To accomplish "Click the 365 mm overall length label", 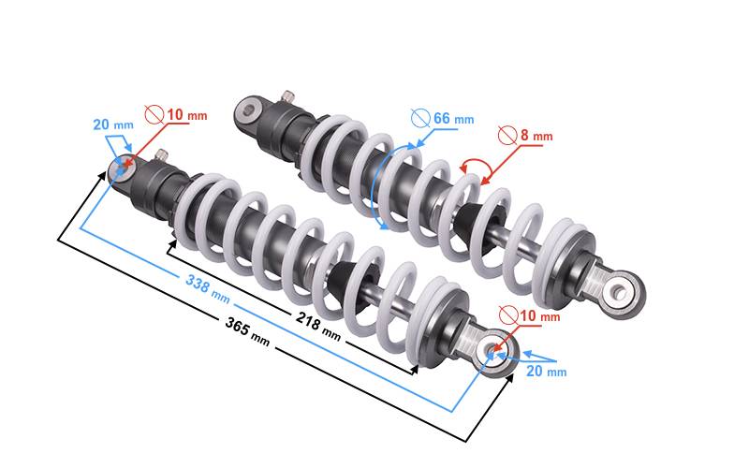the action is [x=247, y=331].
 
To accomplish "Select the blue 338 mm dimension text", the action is [x=208, y=289].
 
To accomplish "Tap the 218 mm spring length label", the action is [x=318, y=326].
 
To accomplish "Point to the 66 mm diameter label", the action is [x=454, y=119].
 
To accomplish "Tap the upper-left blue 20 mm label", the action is [x=113, y=124].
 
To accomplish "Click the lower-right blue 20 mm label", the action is [x=547, y=371].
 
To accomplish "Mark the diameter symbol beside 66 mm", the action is [x=420, y=118].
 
